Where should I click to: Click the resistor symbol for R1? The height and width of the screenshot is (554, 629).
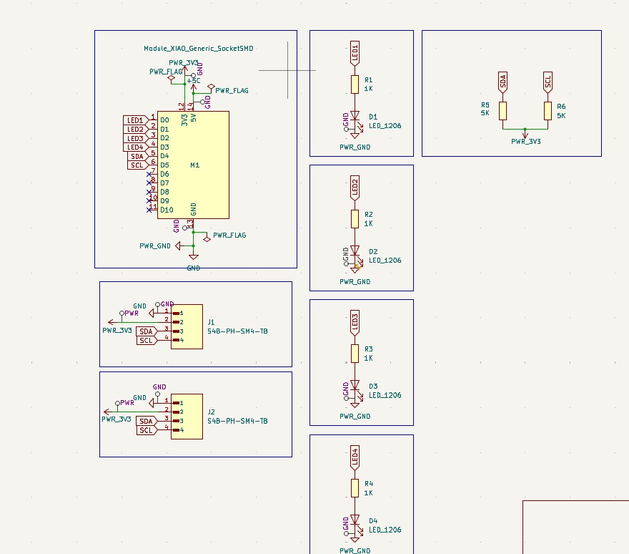coord(355,84)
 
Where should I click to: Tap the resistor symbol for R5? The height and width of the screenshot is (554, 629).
coord(503,110)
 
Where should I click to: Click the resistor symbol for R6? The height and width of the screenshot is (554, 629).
coord(548,110)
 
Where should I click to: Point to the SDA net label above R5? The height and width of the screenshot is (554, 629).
coord(503,82)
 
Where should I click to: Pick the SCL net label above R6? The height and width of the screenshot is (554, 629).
coord(548,81)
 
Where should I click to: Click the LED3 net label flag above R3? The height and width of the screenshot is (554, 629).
coord(355,324)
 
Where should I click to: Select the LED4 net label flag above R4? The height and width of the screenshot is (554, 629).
coord(355,457)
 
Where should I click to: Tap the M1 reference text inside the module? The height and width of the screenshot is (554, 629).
coord(195,165)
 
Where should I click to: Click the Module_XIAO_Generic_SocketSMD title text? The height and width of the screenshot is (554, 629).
coord(199,49)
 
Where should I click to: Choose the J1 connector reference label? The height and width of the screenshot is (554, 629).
coord(211,322)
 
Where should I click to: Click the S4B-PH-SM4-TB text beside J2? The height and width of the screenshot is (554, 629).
coord(237,422)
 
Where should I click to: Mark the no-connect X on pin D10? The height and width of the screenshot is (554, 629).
coord(149,210)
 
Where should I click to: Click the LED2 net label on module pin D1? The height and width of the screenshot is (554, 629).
coord(136,129)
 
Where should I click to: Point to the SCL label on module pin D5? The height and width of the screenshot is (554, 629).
coord(137,165)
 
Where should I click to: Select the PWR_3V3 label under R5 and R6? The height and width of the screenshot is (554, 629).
coord(526,142)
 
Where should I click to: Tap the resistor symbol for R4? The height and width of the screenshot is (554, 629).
coord(355,487)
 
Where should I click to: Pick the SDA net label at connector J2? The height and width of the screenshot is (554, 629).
coord(147,421)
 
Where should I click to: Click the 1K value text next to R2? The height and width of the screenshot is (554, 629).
coord(369,223)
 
